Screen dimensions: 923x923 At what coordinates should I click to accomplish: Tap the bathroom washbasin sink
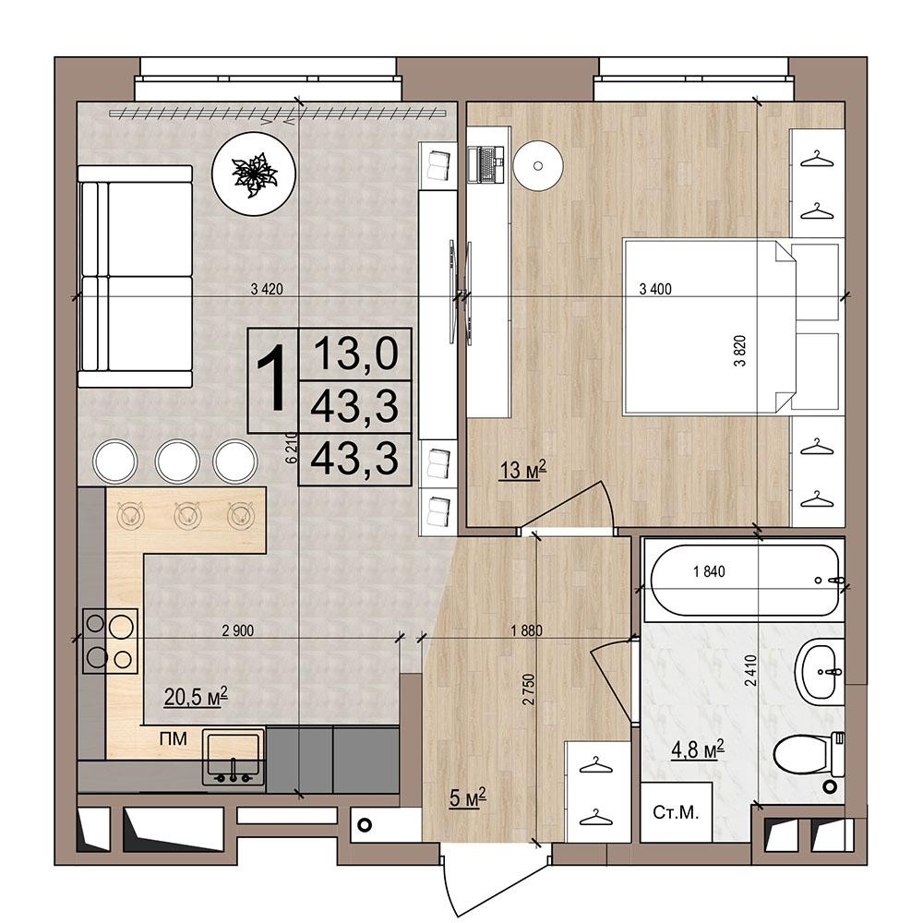coord(820,672)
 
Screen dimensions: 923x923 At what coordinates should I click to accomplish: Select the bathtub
coord(743,580)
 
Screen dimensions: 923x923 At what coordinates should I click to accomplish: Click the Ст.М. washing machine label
coord(676,813)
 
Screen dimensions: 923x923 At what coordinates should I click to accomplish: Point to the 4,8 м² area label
coord(698,749)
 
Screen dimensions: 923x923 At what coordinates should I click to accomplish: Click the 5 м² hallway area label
coord(467,798)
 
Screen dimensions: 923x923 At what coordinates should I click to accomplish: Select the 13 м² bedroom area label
coord(523,470)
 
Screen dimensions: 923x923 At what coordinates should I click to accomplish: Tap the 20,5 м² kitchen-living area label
coord(196,697)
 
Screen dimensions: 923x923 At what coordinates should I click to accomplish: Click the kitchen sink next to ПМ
coord(234,757)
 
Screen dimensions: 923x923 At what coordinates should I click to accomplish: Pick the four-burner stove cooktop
coord(111,641)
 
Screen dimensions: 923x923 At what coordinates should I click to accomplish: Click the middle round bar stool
coord(177,461)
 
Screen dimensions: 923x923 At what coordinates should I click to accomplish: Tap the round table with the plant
coord(253,174)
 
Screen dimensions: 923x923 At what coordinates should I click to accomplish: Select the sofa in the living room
coord(135,276)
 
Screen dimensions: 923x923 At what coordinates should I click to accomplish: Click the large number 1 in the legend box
coord(273,380)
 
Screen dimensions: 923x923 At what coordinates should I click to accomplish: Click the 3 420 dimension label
coord(267,289)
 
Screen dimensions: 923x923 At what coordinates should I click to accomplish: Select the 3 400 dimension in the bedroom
coord(655,289)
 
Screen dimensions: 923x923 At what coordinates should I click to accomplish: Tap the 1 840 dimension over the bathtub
coord(709,571)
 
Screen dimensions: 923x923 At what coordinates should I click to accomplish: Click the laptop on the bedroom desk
coord(486,164)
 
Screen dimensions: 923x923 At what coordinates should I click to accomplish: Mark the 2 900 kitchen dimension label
coord(238,631)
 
